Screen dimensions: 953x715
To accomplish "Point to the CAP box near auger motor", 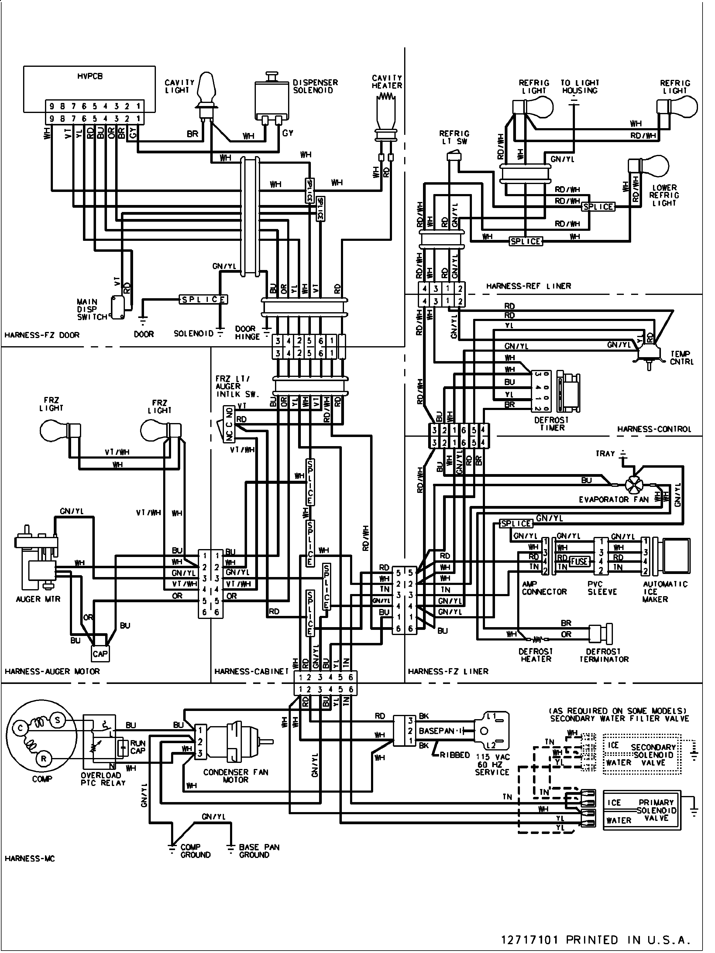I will pyautogui.click(x=100, y=654).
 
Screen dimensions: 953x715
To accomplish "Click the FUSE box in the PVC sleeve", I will pyautogui.click(x=579, y=561).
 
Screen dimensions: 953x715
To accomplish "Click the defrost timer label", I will pyautogui.click(x=552, y=424).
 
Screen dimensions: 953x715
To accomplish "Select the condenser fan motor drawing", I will pyautogui.click(x=235, y=741).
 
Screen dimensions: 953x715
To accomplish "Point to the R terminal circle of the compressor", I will pyautogui.click(x=43, y=759).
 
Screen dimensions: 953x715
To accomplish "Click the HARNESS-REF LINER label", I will pyautogui.click(x=528, y=286).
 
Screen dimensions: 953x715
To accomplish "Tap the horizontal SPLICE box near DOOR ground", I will pyautogui.click(x=203, y=299).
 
